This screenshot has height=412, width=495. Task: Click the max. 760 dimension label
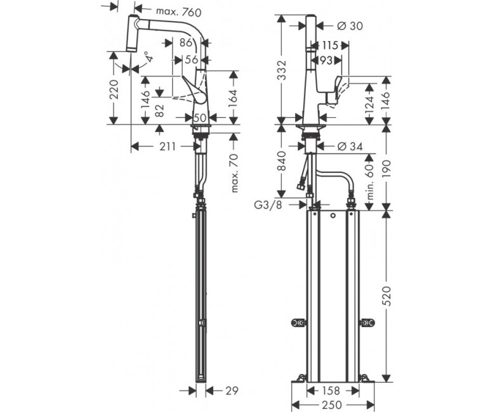click(178, 12)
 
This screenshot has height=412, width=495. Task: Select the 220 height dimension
click(114, 89)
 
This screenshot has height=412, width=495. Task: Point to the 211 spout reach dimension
click(167, 146)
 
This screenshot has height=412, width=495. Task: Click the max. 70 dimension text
click(234, 173)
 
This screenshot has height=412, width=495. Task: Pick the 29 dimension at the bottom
click(232, 390)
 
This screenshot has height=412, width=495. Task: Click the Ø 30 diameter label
click(350, 26)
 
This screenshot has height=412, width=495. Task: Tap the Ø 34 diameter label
click(350, 146)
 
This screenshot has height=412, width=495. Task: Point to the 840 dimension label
click(281, 161)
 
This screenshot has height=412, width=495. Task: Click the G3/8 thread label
click(268, 205)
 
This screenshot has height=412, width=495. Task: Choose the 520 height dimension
click(386, 296)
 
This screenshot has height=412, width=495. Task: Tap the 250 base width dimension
click(333, 405)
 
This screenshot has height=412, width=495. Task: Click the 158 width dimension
click(331, 391)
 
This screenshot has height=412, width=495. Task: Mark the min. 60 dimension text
click(371, 181)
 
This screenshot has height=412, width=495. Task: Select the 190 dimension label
click(386, 169)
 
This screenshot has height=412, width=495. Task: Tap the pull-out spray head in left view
click(133, 33)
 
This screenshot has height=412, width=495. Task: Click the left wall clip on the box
click(299, 323)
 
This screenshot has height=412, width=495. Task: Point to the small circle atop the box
click(333, 216)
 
